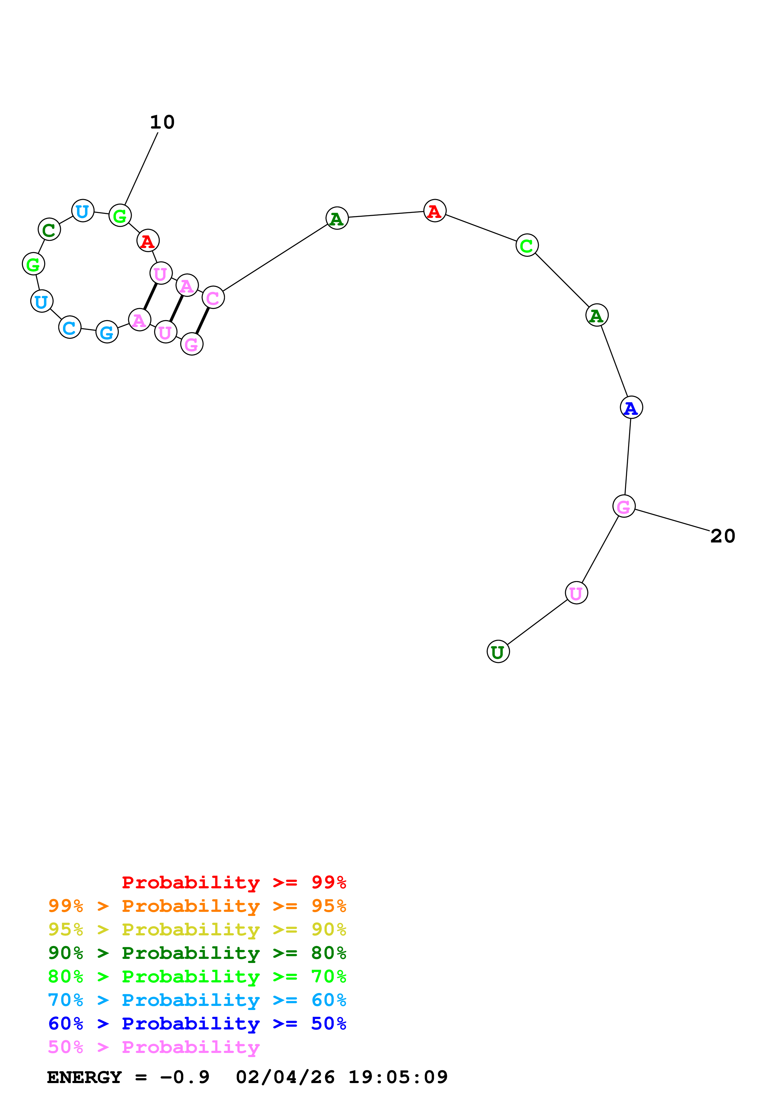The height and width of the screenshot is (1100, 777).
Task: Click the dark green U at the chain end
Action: click(x=498, y=652)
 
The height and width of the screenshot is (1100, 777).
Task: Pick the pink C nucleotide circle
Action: click(x=213, y=298)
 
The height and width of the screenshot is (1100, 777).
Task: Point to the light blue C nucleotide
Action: click(x=70, y=328)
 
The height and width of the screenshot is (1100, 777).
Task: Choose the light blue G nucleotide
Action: click(x=107, y=332)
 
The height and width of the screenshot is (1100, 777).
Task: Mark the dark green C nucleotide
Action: click(x=49, y=230)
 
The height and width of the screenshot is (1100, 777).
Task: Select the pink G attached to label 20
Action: click(x=623, y=506)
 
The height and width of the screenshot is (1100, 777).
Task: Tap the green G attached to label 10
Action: click(x=120, y=216)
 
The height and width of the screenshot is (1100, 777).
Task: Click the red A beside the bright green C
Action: click(x=435, y=211)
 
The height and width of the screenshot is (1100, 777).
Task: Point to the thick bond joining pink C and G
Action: click(x=202, y=321)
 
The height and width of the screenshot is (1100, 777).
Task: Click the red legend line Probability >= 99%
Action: click(x=234, y=882)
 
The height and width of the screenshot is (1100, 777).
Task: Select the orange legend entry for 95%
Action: click(x=197, y=906)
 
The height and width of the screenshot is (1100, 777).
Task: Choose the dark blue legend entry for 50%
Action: click(x=197, y=1023)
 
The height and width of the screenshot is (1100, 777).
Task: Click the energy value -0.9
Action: click(x=185, y=1077)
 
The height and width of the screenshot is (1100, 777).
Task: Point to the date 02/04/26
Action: click(x=285, y=1077)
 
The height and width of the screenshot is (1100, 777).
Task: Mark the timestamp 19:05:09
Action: click(x=398, y=1077)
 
